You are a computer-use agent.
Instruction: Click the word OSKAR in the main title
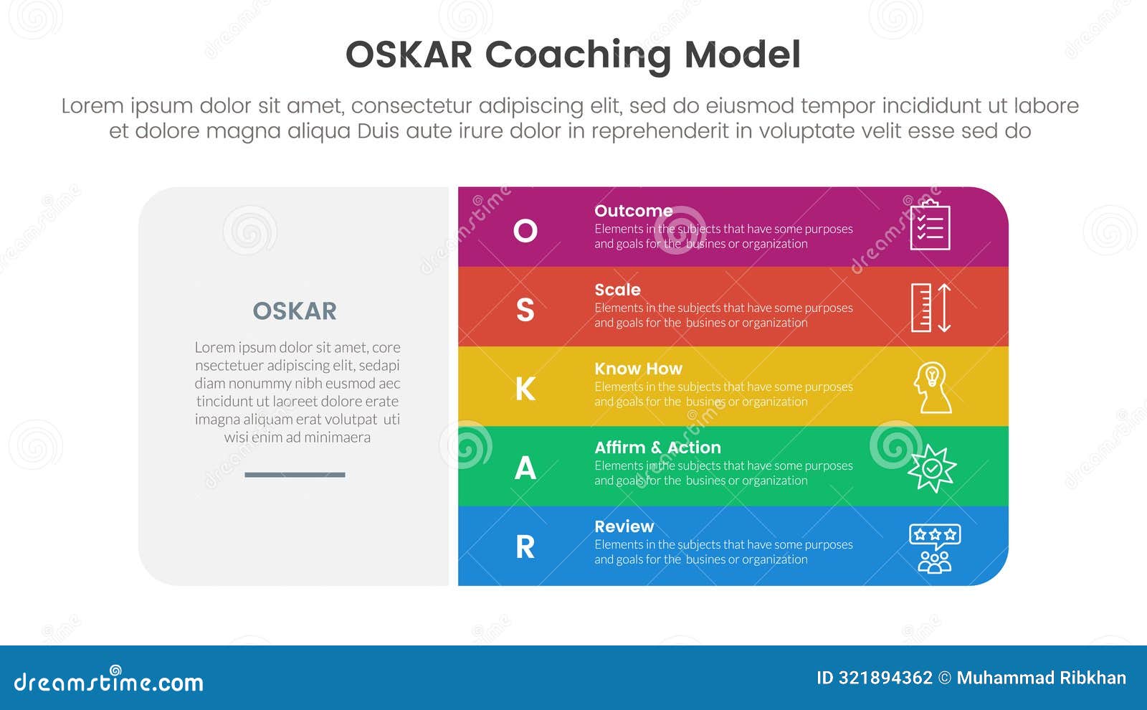pos(409,55)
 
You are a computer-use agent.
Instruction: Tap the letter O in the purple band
pos(525,230)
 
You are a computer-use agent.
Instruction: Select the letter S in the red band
pos(525,310)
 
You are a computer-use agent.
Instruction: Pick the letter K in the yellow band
pos(525,389)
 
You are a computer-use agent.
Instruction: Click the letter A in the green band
pos(525,468)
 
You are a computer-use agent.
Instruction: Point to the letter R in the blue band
pos(525,547)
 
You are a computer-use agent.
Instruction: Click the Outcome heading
pos(634,211)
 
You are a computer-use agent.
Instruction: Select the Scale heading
pos(617,290)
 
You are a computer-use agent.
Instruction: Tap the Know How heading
pos(639,369)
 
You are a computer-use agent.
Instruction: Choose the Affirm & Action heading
pos(658,448)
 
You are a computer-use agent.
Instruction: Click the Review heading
pos(624,526)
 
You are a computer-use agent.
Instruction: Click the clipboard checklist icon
pos(931,225)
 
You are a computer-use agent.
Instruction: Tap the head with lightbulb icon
pos(933,387)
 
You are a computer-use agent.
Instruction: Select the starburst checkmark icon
pos(932,468)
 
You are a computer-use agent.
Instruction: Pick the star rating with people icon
pos(935,549)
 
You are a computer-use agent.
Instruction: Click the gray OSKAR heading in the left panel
pos(295,311)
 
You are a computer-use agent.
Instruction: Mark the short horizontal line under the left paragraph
pos(295,475)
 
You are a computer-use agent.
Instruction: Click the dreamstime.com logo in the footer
pos(108,680)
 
